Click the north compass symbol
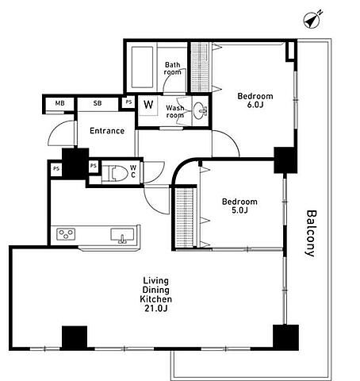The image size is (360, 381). point(312,19)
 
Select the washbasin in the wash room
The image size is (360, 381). point(200,110)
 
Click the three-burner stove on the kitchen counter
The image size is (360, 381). point(66,234)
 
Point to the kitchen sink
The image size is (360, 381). point(122,236)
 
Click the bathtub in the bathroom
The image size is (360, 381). point(142,67)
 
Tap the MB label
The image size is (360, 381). point(60,103)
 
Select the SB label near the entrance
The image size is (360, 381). point(98,103)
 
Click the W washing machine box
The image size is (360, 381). point(148,105)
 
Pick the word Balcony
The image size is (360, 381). point(311,233)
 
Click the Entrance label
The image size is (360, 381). point(107,131)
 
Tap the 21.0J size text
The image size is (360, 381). point(156,308)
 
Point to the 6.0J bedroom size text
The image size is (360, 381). point(255,105)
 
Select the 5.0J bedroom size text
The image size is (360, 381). point(239,210)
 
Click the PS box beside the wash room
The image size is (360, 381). point(128,102)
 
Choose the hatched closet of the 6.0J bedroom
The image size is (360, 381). point(201,67)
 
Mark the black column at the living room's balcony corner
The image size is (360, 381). point(286,337)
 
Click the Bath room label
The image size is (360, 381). point(173,68)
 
